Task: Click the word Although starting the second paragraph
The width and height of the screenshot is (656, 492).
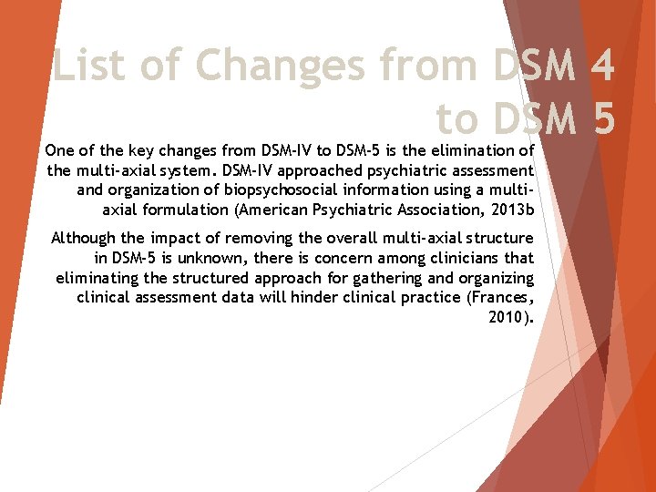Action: point(84,239)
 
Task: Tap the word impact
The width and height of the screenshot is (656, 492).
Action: point(179,239)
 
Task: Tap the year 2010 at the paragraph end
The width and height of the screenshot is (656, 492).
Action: point(507,318)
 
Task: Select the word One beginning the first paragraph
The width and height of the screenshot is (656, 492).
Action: point(60,149)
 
